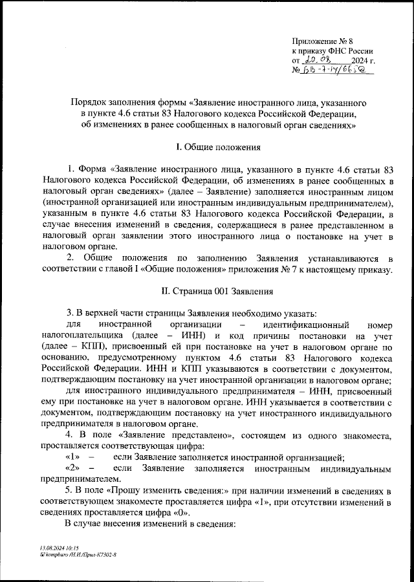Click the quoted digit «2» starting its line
pyautogui.click(x=72, y=468)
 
